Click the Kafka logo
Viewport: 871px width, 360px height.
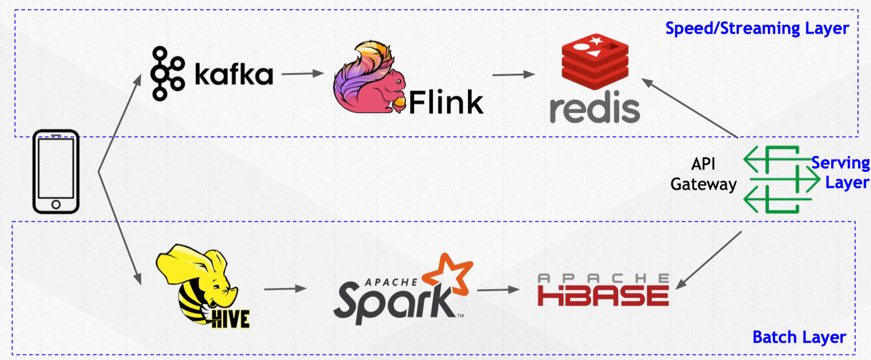(212, 74)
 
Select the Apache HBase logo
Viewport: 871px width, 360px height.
(603, 290)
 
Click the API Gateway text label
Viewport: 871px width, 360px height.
(703, 174)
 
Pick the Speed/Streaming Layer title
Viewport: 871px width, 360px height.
(757, 28)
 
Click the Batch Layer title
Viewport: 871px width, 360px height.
(799, 337)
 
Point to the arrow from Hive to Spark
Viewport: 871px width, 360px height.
(285, 288)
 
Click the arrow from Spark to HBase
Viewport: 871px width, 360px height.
(498, 289)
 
